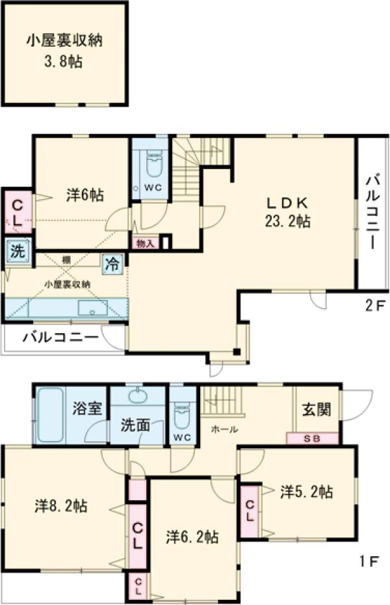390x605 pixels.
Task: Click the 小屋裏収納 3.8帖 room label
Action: pyautogui.click(x=64, y=51)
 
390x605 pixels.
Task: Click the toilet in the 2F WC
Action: pyautogui.click(x=153, y=164)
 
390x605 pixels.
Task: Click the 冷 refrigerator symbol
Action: pyautogui.click(x=112, y=263)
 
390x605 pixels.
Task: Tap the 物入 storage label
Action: pyautogui.click(x=145, y=243)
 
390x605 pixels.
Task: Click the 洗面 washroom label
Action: pyautogui.click(x=136, y=425)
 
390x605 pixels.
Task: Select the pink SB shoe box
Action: pyautogui.click(x=312, y=438)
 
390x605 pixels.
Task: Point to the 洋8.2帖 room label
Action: pyautogui.click(x=62, y=505)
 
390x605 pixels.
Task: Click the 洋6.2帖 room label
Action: pyautogui.click(x=192, y=537)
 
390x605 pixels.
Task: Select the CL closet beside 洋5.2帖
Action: pyautogui.click(x=250, y=511)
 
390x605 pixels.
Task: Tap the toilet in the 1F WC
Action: pyautogui.click(x=182, y=415)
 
